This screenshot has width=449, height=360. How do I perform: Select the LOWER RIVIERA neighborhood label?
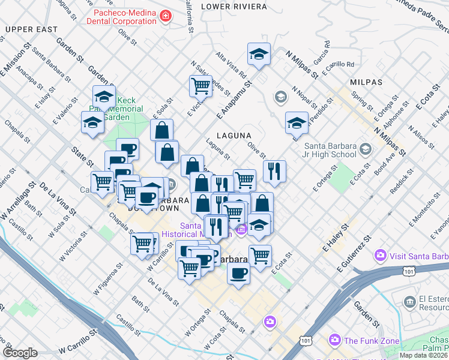tap(234, 6)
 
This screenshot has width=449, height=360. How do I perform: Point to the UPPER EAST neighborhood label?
tap(32, 29)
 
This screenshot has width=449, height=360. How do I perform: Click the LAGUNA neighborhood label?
tap(234, 136)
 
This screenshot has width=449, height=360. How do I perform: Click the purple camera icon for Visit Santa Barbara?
tap(380, 257)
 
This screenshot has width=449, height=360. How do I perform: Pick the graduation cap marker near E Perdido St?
tap(297, 122)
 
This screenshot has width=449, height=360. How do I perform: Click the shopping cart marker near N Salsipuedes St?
tap(200, 86)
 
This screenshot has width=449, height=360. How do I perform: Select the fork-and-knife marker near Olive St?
tap(274, 171)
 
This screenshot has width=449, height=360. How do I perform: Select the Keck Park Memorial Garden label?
tap(123, 109)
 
